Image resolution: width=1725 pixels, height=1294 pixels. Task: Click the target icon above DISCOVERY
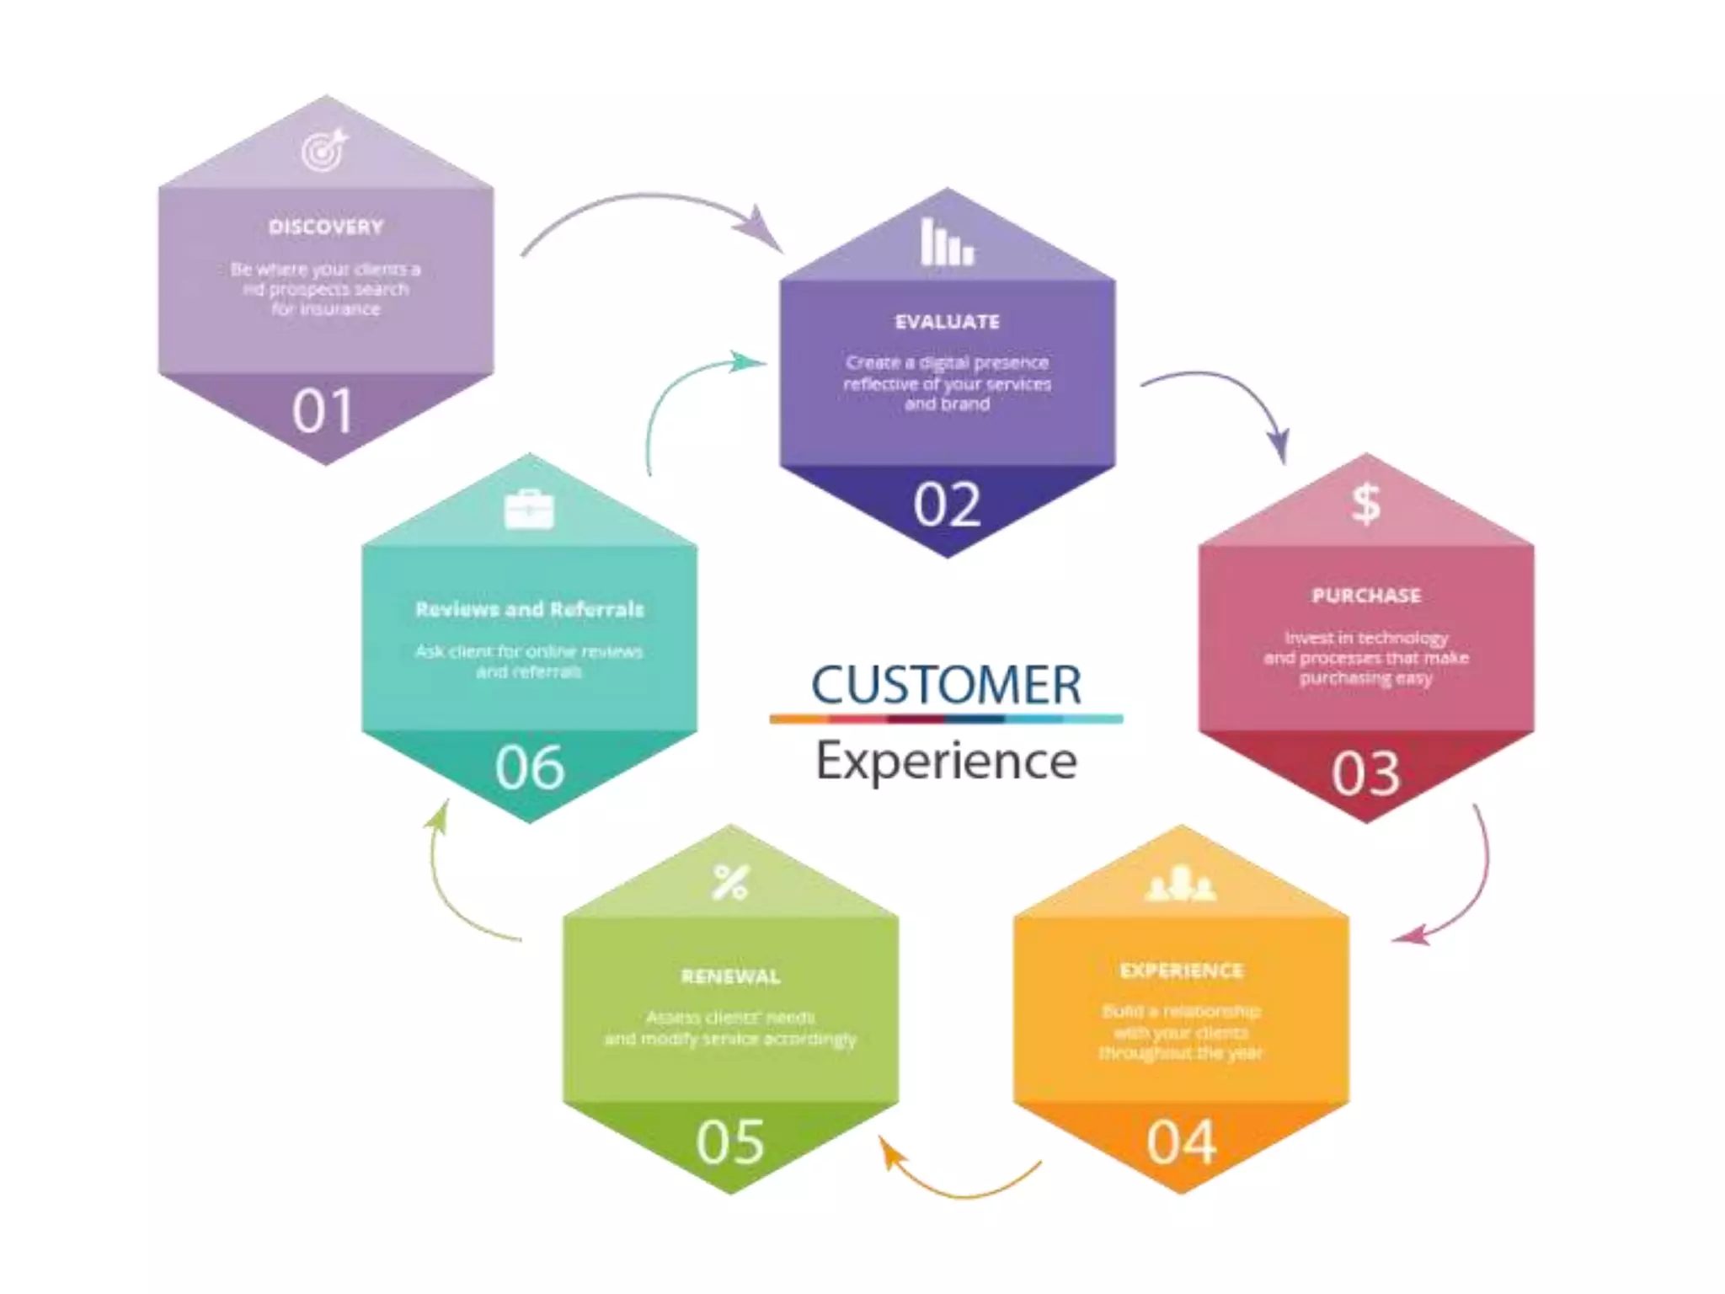325,150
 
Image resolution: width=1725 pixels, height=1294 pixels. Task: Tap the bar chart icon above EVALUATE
947,243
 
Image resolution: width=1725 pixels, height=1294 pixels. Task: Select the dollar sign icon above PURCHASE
1365,504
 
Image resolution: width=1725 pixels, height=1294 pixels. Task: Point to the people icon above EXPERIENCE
1181,883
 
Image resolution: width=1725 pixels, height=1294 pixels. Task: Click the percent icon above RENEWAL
730,882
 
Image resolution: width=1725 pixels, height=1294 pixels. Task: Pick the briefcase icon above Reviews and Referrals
529,510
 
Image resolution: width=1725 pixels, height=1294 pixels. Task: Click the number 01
323,412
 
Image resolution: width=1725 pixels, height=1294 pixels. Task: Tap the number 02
948,505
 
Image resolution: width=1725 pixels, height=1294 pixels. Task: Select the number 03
1365,773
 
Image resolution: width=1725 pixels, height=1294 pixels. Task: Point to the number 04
1181,1142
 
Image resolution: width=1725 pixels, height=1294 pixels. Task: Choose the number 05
730,1142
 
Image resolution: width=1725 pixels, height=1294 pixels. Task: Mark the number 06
529,767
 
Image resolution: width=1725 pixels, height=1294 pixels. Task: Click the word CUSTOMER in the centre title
946,684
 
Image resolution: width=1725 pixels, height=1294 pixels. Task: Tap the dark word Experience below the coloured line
946,761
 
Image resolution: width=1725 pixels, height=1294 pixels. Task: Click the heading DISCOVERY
326,227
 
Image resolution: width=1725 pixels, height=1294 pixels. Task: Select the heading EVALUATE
948,322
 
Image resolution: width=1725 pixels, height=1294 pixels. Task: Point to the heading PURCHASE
1366,596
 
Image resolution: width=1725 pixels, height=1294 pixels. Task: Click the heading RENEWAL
730,976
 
